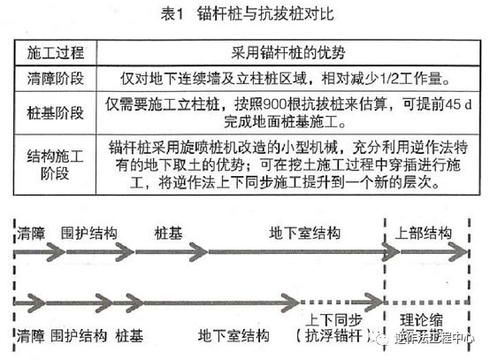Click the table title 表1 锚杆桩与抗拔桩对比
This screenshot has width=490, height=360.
coord(244,14)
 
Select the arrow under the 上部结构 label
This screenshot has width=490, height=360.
coord(426,251)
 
